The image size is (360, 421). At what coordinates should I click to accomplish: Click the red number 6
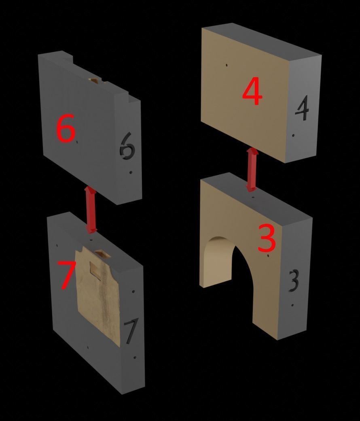pos(66,128)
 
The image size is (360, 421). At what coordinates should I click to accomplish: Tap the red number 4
pos(252,91)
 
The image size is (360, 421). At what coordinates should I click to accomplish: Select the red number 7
pos(66,275)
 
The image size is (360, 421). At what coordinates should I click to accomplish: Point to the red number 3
pos(267,238)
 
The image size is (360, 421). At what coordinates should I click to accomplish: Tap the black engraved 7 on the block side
pos(131,331)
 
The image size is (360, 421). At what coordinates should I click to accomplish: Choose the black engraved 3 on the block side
pos(294,281)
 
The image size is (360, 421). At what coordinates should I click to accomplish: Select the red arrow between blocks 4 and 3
pos(252,169)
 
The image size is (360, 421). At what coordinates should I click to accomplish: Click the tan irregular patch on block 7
pos(98,293)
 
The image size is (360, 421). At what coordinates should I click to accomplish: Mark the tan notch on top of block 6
pos(94,80)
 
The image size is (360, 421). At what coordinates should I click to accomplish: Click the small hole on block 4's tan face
pos(227,65)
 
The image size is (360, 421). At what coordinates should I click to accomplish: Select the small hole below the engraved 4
pos(294,136)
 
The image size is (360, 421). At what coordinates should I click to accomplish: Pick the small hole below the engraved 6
pos(131,172)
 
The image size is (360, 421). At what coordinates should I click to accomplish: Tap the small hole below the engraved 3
pos(292,305)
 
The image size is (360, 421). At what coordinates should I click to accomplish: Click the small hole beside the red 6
pos(77,142)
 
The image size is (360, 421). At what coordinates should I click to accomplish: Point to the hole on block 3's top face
pos(253,197)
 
